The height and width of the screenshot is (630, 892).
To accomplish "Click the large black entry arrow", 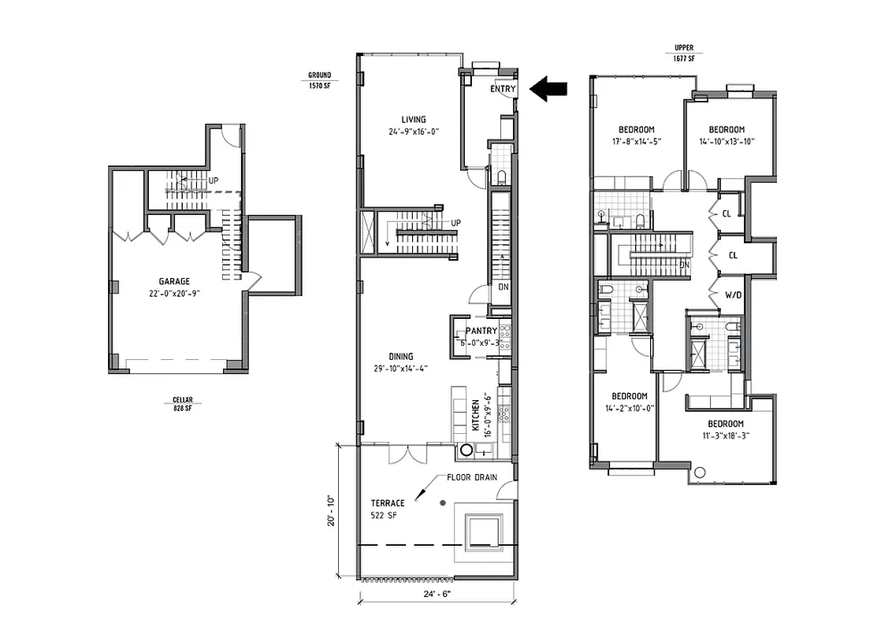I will pos(548,88).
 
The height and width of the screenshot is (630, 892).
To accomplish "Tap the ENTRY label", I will pos(503,90).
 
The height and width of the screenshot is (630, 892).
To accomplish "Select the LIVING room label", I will pos(413,120).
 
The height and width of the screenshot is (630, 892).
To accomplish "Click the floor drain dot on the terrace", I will pos(443,502).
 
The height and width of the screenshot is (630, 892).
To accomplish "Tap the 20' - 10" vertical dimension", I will pos(333,510).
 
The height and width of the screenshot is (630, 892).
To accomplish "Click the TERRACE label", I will pos(388,503).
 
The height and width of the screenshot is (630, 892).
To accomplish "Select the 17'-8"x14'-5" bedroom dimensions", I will pos(636,142).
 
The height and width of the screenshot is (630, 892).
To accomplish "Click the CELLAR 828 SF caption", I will pos(184,404).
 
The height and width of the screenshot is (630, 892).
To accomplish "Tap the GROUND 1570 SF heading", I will pos(320,80).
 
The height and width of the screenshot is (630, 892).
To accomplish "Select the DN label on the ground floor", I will pos(504,287).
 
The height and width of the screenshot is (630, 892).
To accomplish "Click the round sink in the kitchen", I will pos(466,451).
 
